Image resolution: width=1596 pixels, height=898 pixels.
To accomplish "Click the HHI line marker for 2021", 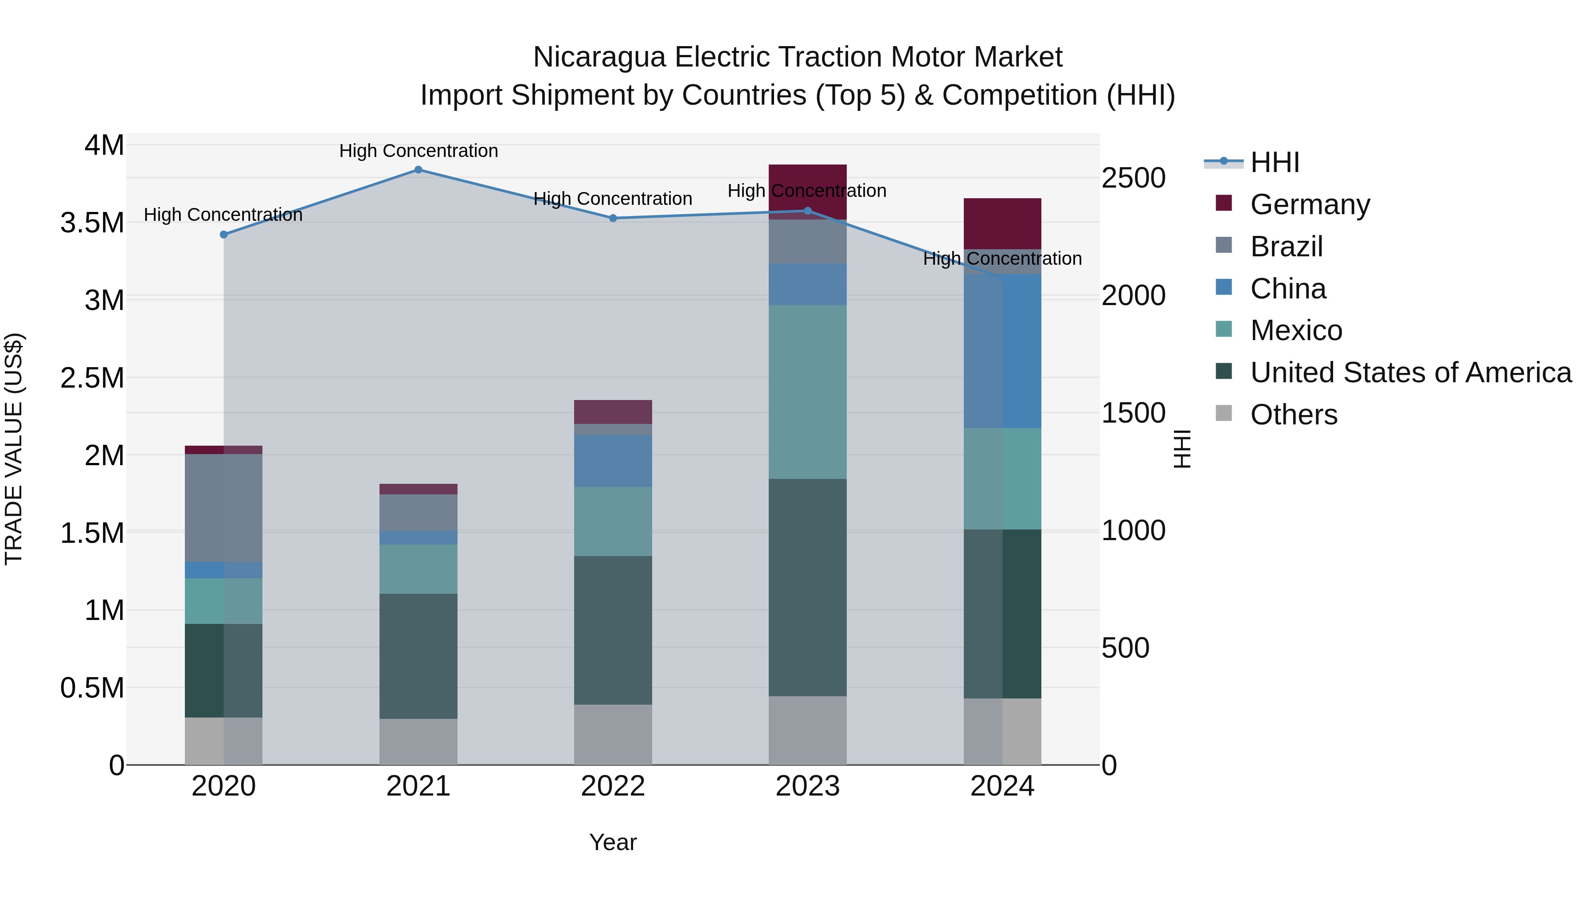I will [x=418, y=170].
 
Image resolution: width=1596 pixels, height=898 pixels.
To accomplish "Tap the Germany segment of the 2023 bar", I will [x=807, y=180].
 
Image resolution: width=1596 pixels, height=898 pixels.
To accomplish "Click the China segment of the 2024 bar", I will [x=1002, y=351].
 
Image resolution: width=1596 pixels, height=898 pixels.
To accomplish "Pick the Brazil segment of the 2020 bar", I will [x=224, y=508].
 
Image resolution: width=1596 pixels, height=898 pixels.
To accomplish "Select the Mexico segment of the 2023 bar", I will [x=807, y=392].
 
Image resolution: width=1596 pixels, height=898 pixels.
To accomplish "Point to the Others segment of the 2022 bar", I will [x=613, y=734].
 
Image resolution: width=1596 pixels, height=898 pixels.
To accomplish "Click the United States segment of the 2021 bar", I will [x=418, y=656].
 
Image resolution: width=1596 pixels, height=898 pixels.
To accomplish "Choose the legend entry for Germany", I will [x=1310, y=204].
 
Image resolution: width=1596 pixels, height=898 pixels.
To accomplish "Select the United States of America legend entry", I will [x=1410, y=373].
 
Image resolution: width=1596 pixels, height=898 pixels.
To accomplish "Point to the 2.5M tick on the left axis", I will [x=92, y=378].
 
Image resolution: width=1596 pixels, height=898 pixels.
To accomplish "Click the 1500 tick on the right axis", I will [x=1133, y=413].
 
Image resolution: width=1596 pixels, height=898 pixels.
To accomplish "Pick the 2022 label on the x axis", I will [x=613, y=786].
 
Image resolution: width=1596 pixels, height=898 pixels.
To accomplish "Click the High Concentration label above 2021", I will [x=418, y=151].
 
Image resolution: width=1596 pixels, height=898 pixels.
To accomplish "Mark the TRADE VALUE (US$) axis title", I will [x=14, y=449].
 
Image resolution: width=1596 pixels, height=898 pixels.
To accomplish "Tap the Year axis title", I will [x=613, y=842].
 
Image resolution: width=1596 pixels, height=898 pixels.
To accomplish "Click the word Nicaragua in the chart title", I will [x=598, y=57].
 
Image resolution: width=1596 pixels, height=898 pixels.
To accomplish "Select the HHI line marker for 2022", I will [x=613, y=218].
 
